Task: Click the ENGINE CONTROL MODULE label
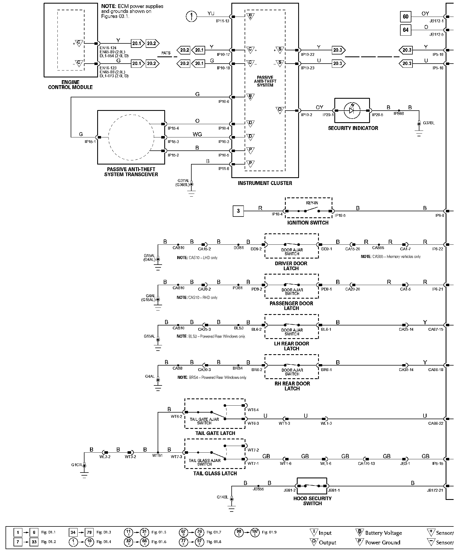tap(70, 85)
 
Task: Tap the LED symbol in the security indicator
tap(352, 111)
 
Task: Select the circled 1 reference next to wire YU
tap(191, 17)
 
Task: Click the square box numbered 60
tap(405, 17)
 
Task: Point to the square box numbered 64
tap(405, 30)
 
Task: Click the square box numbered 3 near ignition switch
tap(238, 211)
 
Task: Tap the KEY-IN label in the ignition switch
tap(312, 203)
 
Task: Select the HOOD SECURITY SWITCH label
tap(312, 501)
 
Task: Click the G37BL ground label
tap(428, 123)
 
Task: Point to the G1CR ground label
tap(76, 465)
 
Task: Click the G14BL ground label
tap(222, 497)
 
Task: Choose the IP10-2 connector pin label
tap(306, 115)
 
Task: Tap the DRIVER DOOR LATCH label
tap(291, 266)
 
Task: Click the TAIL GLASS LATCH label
tap(215, 473)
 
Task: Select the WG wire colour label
tap(197, 134)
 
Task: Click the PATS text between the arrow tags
tap(166, 53)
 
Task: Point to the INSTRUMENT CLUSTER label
tap(265, 183)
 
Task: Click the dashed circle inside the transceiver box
tap(131, 137)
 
